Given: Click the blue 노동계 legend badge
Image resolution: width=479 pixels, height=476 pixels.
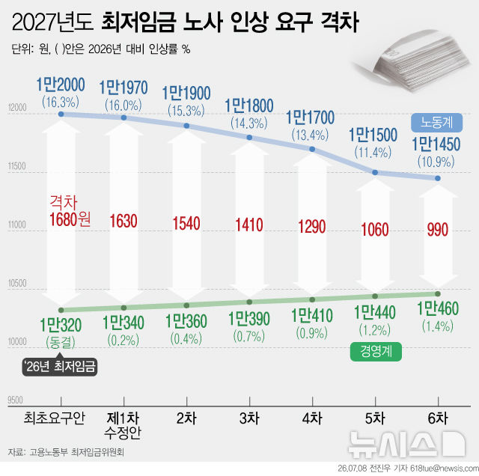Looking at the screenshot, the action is [436, 123].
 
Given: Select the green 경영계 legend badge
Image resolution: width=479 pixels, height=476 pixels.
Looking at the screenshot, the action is [376, 352].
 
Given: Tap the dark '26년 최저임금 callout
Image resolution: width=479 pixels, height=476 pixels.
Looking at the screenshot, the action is [60, 367].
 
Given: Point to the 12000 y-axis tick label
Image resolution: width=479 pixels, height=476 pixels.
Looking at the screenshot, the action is [17, 108].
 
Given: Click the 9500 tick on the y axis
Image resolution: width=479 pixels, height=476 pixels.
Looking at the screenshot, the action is [15, 400].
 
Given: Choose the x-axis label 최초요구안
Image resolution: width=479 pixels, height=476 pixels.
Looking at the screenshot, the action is [55, 418].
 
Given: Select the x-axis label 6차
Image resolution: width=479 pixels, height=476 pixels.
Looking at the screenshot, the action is [438, 418].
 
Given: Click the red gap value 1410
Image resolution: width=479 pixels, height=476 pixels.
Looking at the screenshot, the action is [249, 225].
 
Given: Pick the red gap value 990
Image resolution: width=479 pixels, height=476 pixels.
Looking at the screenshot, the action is [438, 230].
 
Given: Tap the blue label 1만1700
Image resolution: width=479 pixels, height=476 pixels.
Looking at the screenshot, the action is [311, 118].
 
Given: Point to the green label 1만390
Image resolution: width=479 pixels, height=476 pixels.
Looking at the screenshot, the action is [249, 319].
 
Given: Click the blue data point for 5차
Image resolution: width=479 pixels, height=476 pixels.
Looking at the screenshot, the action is [375, 173].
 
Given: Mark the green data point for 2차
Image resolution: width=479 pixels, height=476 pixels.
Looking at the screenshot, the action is [186, 305].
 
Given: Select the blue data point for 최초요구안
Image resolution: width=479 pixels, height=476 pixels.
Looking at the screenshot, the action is [61, 114].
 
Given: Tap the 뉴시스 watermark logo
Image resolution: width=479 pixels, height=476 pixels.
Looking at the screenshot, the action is [406, 444].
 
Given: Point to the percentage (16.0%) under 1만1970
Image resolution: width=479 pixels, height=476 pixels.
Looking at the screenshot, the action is [123, 106].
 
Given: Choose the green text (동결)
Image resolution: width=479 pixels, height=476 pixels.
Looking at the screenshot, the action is [61, 342].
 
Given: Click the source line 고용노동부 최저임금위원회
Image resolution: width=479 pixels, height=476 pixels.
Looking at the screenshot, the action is [76, 452].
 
